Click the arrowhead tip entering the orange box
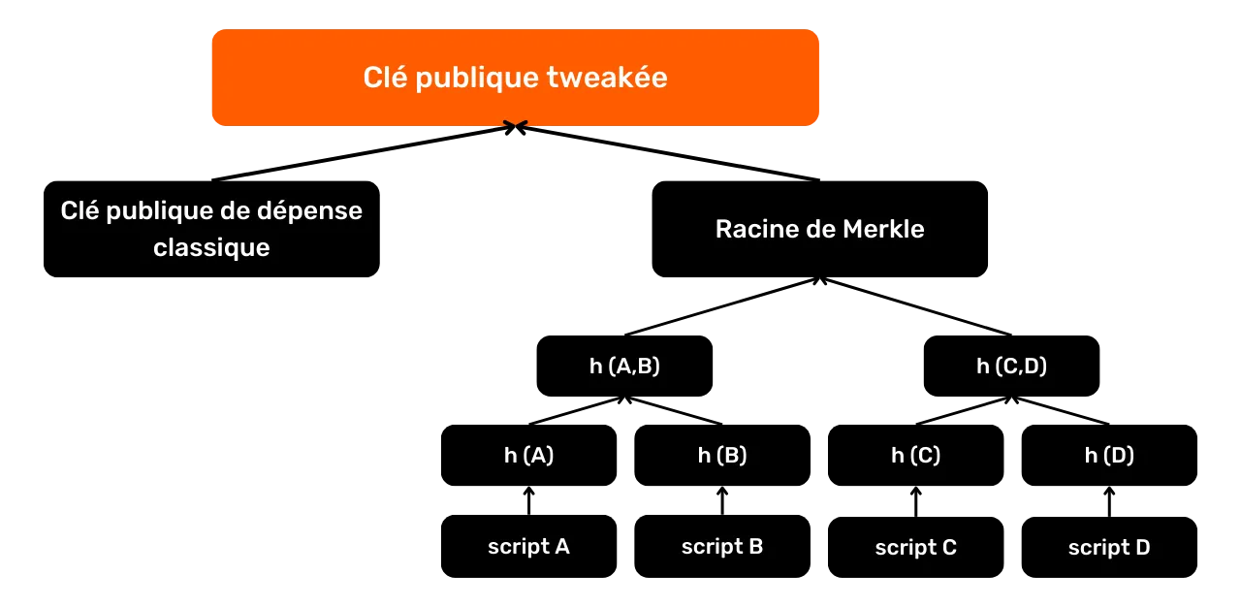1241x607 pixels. [516, 127]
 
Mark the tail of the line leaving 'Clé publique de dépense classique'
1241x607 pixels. [212, 180]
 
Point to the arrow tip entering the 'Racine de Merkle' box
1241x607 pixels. [820, 278]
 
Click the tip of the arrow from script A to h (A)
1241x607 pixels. [529, 488]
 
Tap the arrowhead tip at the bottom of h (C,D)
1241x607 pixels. [1011, 398]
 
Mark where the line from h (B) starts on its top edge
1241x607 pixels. [722, 425]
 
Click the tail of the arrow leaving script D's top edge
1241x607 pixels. [1109, 516]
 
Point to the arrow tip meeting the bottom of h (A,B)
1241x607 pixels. [625, 398]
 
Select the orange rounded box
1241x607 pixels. [516, 78]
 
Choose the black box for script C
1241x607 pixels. [916, 547]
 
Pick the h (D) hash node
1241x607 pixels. [1109, 456]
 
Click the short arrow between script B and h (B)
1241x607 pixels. [722, 501]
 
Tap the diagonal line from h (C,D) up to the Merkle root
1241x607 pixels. [916, 306]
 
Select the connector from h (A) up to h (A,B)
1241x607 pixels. [577, 410]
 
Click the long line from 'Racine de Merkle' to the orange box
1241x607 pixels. [668, 153]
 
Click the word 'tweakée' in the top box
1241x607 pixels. [607, 77]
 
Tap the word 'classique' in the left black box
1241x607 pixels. [211, 247]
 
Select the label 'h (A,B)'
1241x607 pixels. [625, 367]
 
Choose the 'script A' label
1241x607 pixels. [528, 547]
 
